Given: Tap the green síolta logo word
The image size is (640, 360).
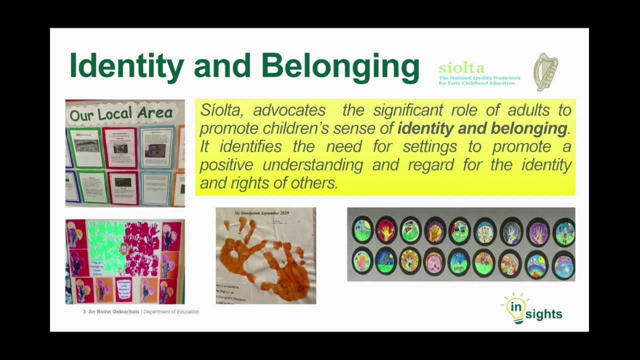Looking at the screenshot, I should [x=461, y=68].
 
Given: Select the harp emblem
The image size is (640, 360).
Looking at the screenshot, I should [x=545, y=72].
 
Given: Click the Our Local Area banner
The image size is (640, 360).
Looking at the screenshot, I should [x=121, y=113].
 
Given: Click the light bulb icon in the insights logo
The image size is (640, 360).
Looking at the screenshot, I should [x=514, y=308].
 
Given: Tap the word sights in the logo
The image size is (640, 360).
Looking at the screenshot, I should [x=543, y=314].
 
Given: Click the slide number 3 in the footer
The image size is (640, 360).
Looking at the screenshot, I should [x=84, y=311].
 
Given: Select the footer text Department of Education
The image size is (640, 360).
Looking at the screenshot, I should [x=171, y=311].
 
